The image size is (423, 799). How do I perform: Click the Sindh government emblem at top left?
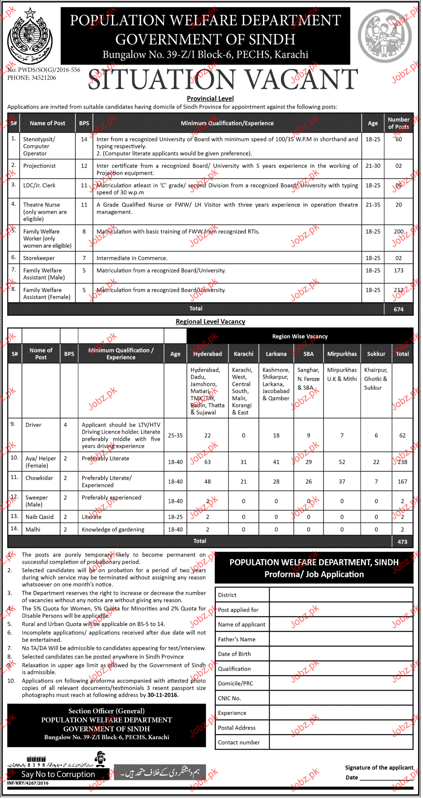tap(30, 36)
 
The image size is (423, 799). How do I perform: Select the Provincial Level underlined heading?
tap(210, 99)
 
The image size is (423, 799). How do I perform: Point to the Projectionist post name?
tap(40, 166)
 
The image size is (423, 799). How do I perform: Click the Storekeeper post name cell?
tap(39, 258)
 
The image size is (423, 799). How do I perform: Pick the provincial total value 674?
tap(398, 309)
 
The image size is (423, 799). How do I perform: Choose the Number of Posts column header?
tap(398, 123)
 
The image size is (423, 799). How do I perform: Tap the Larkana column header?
tap(276, 354)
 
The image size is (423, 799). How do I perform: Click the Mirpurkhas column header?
tap(342, 354)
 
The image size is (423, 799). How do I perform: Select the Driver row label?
tap(33, 425)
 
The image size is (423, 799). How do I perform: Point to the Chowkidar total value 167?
tap(402, 482)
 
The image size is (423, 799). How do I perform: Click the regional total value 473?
tap(402, 542)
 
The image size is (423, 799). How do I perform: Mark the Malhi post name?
tap(33, 530)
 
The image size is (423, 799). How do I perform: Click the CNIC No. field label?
tap(230, 699)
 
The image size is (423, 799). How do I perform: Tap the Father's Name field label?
tap(236, 640)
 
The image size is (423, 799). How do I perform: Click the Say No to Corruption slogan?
tap(58, 774)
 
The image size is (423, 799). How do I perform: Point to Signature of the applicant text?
tap(379, 768)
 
